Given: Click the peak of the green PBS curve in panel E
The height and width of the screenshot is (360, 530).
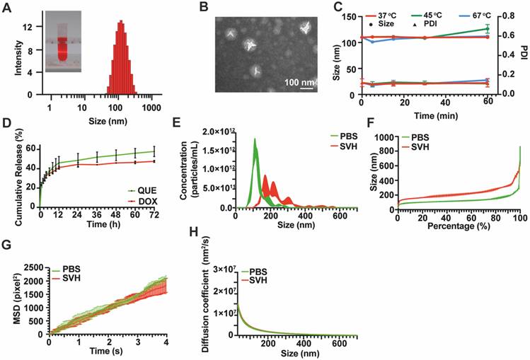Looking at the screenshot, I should tap(255, 139).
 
